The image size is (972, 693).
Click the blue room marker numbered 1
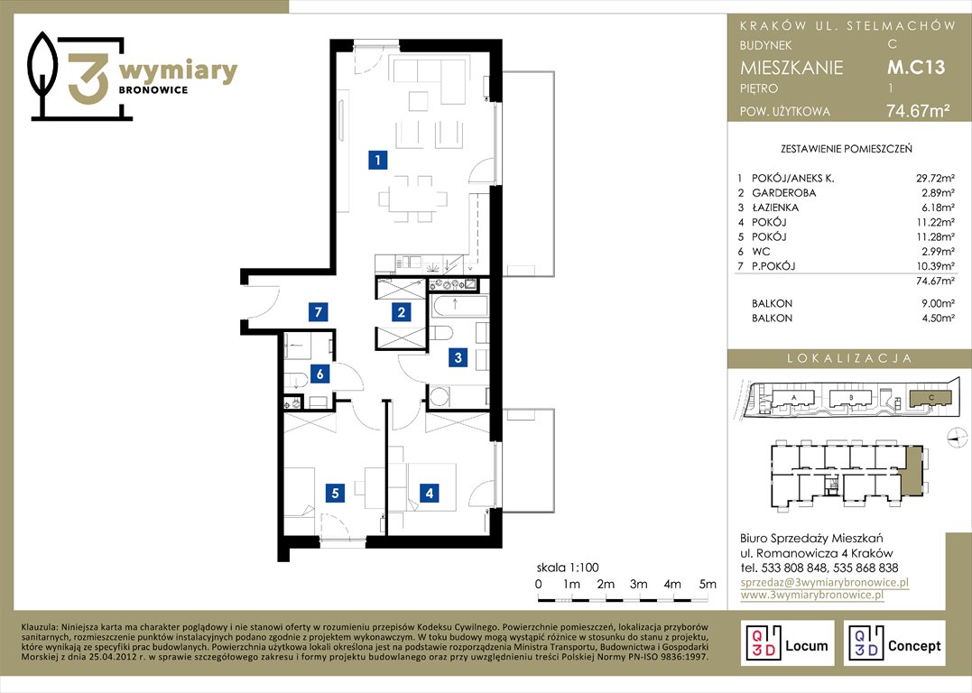point(377,160)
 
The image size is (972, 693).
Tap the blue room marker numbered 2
point(401,312)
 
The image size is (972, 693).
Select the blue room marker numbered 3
point(458,357)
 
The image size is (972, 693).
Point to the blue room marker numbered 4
point(429,494)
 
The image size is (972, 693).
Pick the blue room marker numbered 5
point(336,493)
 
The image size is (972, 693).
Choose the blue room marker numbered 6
point(319,374)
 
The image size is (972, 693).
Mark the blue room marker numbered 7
point(318,311)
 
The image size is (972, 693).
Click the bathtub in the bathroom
point(458,306)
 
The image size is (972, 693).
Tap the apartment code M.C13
point(916,67)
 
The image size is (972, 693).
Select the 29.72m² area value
point(935,179)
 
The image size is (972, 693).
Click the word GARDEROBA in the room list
point(783,193)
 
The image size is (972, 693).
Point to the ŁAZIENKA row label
point(775,208)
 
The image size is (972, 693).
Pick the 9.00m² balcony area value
point(938,304)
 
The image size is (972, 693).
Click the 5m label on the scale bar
point(708,584)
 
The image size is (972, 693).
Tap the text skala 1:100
point(568,568)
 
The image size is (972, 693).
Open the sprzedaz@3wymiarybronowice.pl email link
point(825,582)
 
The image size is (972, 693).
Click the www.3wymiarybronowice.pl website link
point(812,595)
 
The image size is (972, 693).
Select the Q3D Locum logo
point(787,643)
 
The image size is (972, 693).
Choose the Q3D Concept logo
point(893,643)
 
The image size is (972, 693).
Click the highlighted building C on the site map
point(930,399)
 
